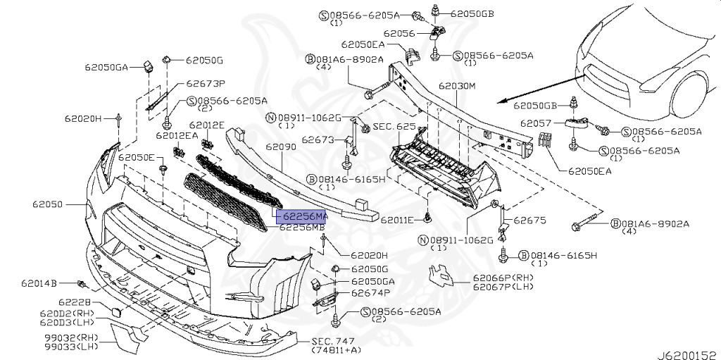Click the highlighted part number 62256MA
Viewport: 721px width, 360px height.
[x=302, y=216]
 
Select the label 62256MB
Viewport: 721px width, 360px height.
[x=302, y=228]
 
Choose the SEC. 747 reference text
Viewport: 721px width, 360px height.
[x=334, y=341]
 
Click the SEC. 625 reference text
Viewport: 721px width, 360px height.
[x=394, y=127]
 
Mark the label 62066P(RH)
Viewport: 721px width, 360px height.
[x=503, y=278]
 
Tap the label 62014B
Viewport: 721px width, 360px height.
[x=39, y=283]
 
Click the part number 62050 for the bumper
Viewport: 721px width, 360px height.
[x=48, y=205]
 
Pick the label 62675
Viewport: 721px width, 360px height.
[x=529, y=221]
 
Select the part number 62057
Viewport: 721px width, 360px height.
[x=536, y=123]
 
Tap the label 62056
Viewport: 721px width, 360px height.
[x=399, y=32]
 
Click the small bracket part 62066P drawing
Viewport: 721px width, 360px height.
[x=441, y=277]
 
